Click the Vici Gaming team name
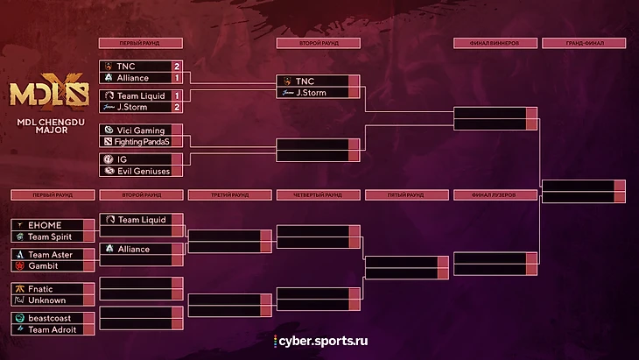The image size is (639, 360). pos(140,131)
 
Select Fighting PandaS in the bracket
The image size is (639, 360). pos(142,142)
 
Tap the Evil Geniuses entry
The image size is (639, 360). pos(144,171)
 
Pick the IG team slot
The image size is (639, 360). pos(123,159)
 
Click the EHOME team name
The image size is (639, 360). pos(45,225)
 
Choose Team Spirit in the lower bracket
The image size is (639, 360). pos(49,236)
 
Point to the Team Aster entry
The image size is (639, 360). pos(50,254)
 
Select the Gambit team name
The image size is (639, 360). pos(43,265)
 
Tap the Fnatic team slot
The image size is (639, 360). pos(41,288)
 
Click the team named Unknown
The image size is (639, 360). pos(46,300)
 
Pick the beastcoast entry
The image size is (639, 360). pos(49,318)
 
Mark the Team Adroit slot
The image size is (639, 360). pos(52,329)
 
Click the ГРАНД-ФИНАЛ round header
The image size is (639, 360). pos(584,42)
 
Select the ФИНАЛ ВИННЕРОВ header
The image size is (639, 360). pos(495,42)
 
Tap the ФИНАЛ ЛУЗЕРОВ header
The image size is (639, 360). pos(495,194)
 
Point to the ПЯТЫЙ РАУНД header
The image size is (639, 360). pos(406,194)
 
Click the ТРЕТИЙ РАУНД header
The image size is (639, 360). pos(229,194)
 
